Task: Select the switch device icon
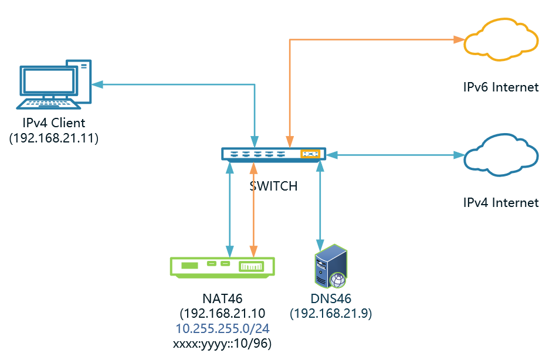pos(273,154)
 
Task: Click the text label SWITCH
pos(273,186)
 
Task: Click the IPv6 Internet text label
pos(500,87)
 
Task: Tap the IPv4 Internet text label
pos(500,203)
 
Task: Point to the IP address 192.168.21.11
pos(53,138)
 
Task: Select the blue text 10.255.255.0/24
pos(223,328)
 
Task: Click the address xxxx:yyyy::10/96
pos(223,343)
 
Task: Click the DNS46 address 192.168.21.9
pos(332,314)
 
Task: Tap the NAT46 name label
pos(223,299)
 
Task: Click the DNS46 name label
pos(331,299)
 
